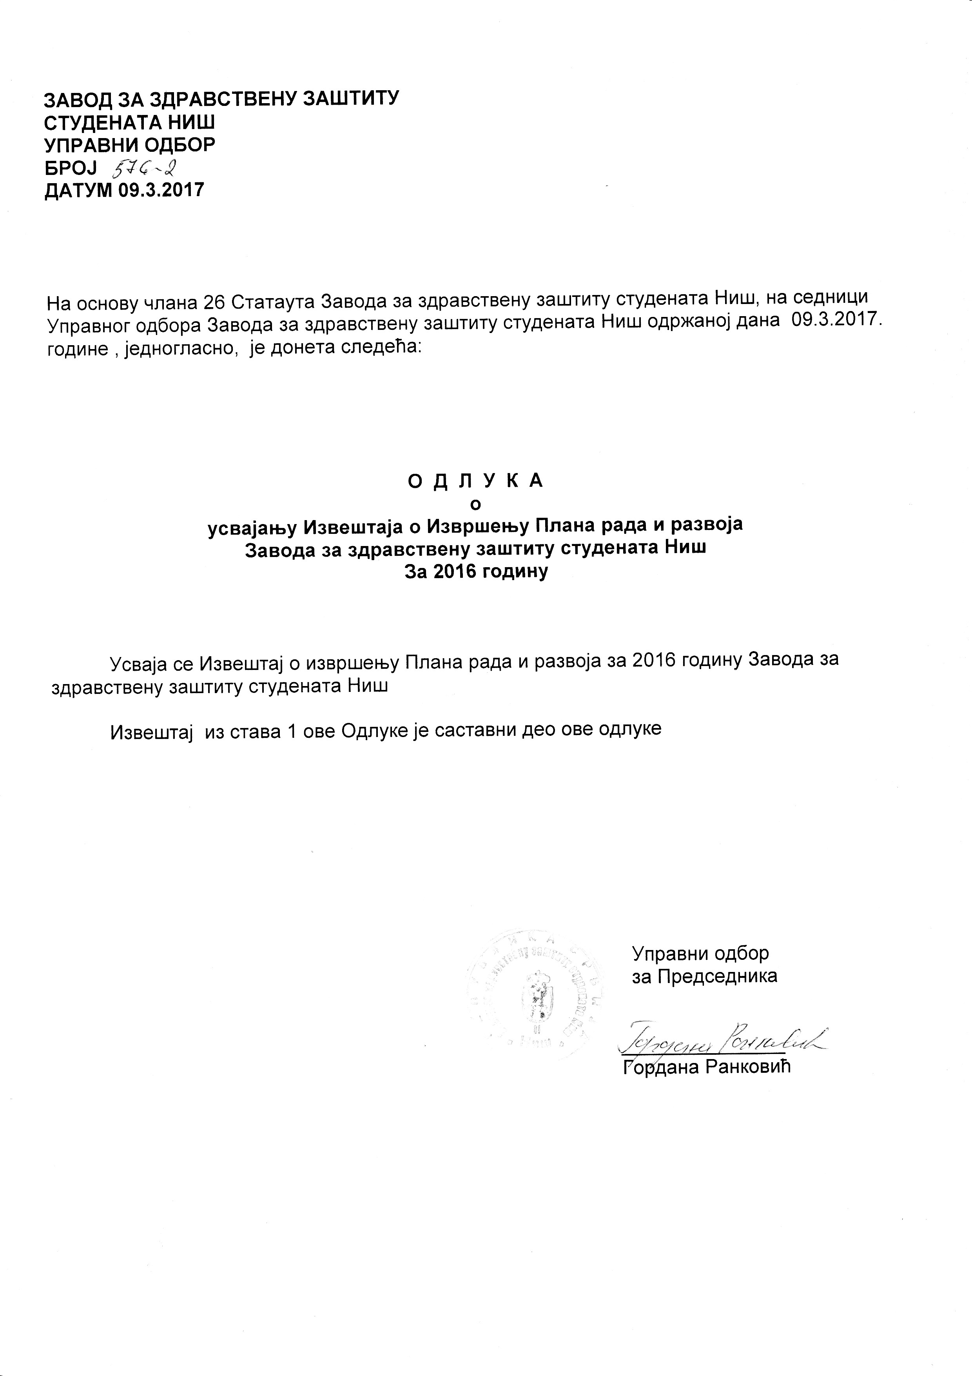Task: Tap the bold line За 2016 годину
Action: tap(476, 572)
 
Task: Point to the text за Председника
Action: tap(705, 976)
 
